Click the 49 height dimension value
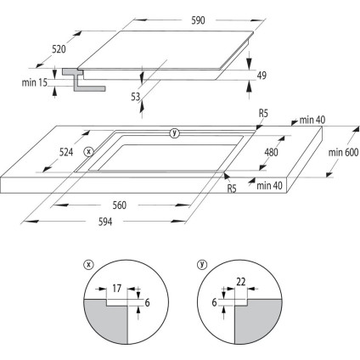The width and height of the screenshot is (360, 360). (262, 76)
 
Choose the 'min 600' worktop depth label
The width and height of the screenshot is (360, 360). (340, 153)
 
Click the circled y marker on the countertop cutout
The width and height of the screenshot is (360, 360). (174, 132)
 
